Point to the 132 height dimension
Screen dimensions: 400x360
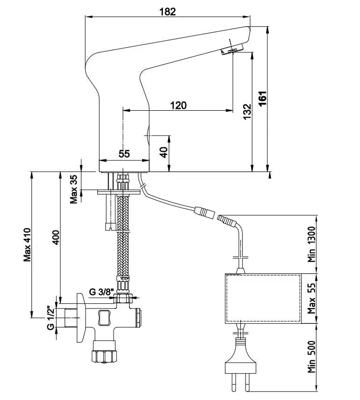(x=247, y=112)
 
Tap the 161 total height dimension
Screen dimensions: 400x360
(x=263, y=98)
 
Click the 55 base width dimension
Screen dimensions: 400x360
(x=124, y=153)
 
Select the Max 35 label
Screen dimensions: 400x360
(x=73, y=189)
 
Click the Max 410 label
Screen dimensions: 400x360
(x=27, y=244)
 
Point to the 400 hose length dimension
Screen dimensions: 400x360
(x=56, y=238)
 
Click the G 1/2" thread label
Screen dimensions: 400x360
(x=50, y=317)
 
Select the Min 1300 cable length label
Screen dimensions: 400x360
(x=312, y=244)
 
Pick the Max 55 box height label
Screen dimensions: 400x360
(x=312, y=299)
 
